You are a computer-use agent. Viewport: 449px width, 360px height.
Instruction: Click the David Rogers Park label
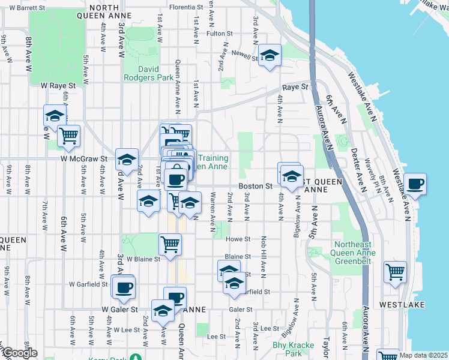pos(148,73)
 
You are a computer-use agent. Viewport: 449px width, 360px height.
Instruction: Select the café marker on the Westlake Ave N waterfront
pos(415,184)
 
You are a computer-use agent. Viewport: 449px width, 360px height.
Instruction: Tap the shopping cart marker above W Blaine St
pos(170,244)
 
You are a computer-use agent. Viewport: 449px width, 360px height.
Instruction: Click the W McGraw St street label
pos(83,159)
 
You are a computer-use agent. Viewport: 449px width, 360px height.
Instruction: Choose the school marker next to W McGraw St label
pos(127,159)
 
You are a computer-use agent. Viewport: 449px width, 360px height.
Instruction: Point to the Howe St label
pos(238,239)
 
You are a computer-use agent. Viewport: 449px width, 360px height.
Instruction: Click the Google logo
pos(19,353)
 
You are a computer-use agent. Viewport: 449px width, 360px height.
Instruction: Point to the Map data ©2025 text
pos(423,355)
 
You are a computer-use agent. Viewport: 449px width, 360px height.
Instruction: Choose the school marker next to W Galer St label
pos(163,310)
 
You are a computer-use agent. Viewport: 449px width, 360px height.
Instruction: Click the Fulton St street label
pos(215,34)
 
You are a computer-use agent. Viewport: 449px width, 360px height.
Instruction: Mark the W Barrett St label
pos(26,8)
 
